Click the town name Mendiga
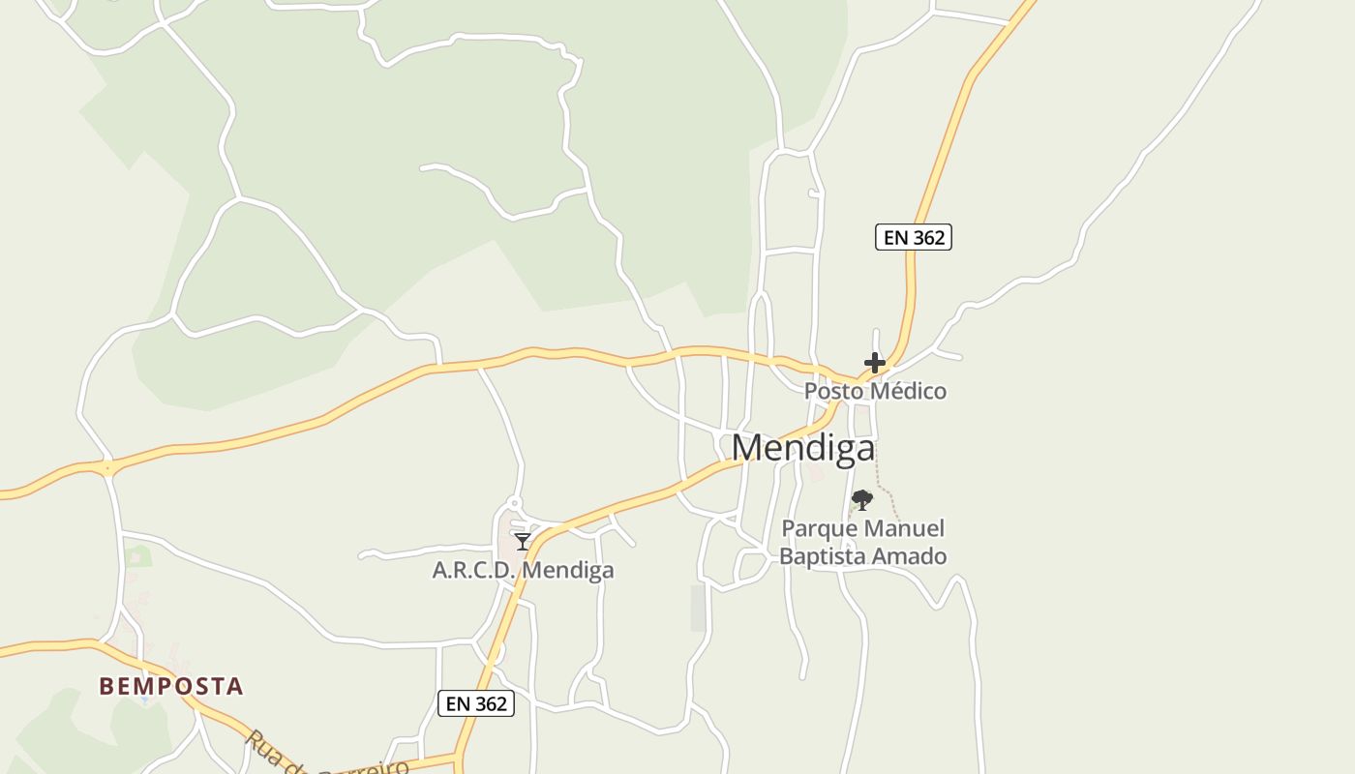coord(803,448)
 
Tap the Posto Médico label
coord(875,391)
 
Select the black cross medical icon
coord(875,363)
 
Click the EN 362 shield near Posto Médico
coord(914,237)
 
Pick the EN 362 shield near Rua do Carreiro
coord(476,703)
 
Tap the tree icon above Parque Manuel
coord(862,500)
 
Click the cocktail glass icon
coord(523,542)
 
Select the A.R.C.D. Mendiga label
coord(523,570)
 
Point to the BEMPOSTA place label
coord(171,686)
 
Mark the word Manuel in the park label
coord(906,529)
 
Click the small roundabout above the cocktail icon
coord(514,504)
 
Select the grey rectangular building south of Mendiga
coord(698,608)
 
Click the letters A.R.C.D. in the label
coord(473,570)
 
